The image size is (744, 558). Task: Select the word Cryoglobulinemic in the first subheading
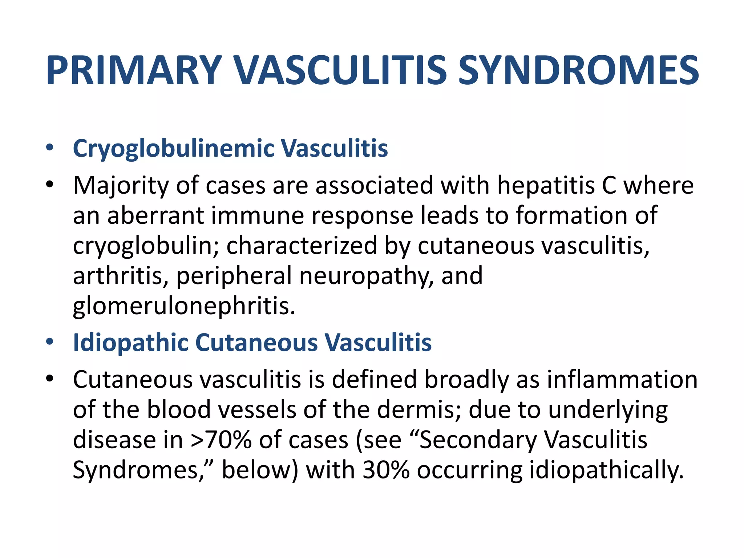[174, 149]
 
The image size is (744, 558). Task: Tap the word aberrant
[155, 215]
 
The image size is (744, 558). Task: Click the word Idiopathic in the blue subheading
[130, 343]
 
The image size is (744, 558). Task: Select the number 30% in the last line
[386, 470]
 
